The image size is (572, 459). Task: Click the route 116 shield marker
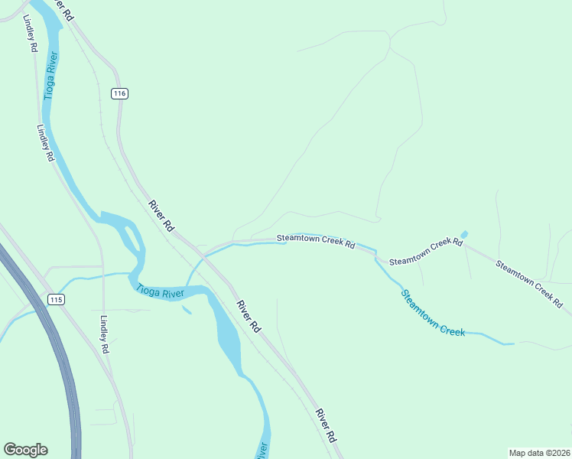(x=119, y=93)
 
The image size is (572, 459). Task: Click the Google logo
(x=25, y=450)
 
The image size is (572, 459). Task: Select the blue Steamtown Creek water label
(x=434, y=312)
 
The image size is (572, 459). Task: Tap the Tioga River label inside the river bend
(x=161, y=291)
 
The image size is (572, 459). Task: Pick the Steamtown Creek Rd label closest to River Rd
(x=316, y=241)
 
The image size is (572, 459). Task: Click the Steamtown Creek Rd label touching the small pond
(x=426, y=252)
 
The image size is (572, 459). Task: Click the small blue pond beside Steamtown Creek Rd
(x=463, y=234)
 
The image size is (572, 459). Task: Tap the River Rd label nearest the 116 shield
(x=162, y=215)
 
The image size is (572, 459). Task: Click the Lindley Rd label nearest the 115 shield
(x=105, y=335)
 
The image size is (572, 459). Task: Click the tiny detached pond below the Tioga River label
(x=186, y=310)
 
